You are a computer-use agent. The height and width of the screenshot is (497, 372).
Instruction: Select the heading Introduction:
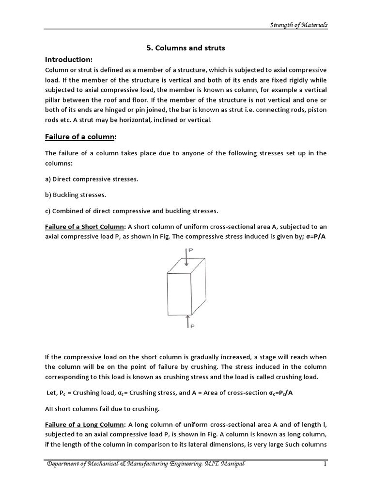click(x=68, y=60)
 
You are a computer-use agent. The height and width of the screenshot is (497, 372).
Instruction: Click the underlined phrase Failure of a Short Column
click(x=85, y=227)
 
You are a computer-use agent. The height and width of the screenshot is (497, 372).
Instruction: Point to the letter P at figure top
click(x=192, y=250)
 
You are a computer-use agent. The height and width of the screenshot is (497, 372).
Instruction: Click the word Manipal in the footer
click(x=230, y=464)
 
